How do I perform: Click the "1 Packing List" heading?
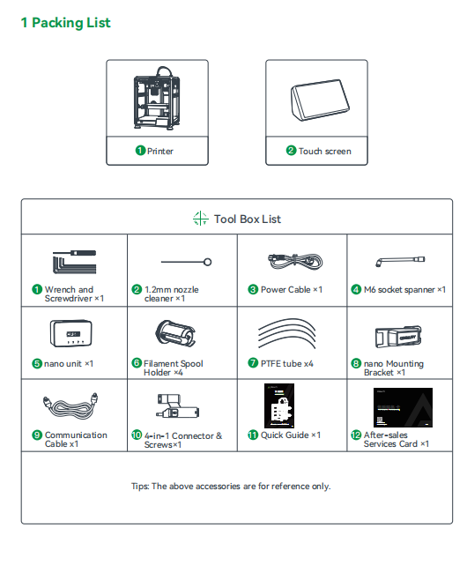coord(65,23)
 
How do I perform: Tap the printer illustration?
coord(157,97)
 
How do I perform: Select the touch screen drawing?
coord(320,100)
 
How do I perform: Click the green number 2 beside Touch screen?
coord(291,150)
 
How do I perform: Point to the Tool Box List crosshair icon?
coord(200,219)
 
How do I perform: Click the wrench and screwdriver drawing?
coord(74,262)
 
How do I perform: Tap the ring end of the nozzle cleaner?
coord(208,262)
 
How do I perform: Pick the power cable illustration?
coord(295,261)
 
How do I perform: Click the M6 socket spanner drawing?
coord(400,261)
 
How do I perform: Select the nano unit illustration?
coord(71,333)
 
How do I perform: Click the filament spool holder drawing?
coord(175,333)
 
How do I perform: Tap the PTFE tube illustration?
coord(287,333)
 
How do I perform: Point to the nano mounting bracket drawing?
coord(398,336)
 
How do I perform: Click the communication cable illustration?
coord(70,405)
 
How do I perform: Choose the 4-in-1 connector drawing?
coord(178,405)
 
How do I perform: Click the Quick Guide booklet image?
coord(279,405)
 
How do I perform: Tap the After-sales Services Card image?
coord(403,407)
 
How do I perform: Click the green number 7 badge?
coord(253,362)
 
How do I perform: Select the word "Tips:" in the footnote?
coord(140,486)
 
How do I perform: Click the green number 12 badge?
coord(356,435)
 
